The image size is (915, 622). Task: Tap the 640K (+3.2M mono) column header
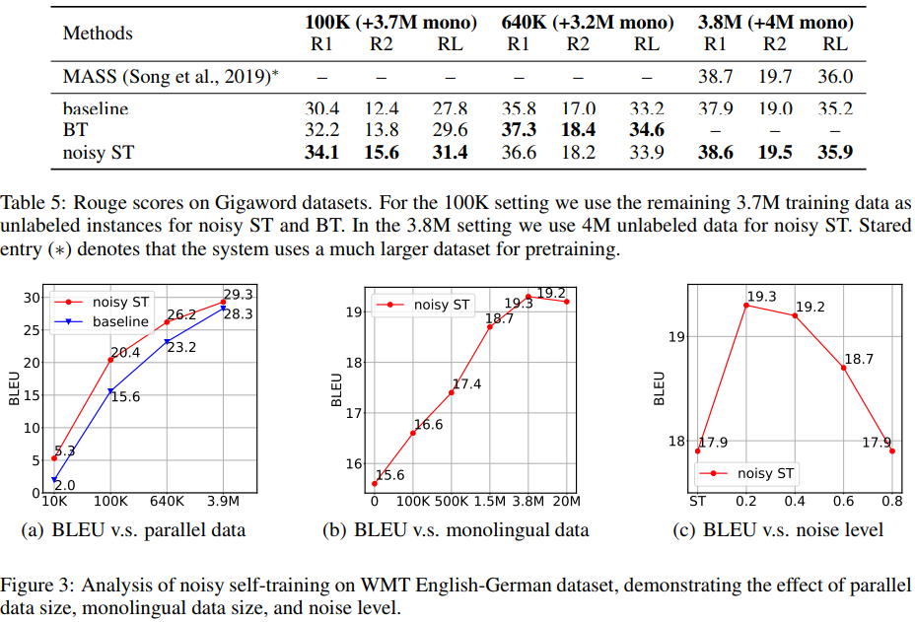click(583, 22)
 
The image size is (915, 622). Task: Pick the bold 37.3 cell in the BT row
click(518, 129)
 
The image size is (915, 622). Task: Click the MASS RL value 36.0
click(834, 75)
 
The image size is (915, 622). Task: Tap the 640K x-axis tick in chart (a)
click(167, 501)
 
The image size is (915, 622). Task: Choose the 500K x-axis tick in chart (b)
click(452, 502)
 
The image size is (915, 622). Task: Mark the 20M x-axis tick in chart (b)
click(566, 502)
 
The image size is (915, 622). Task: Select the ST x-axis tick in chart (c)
click(698, 502)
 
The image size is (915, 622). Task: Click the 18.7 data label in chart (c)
click(859, 360)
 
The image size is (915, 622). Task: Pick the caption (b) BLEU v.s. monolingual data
click(456, 530)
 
